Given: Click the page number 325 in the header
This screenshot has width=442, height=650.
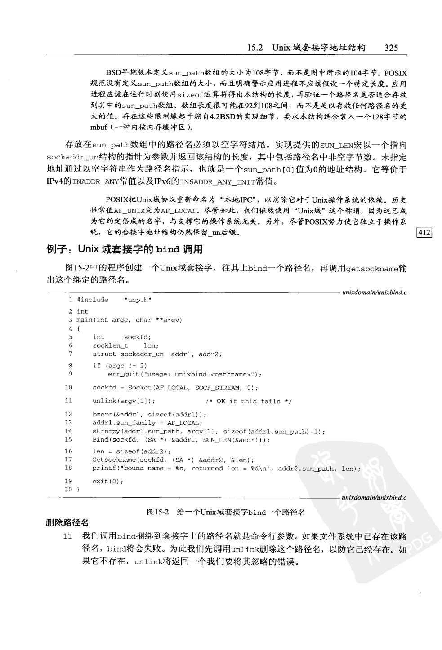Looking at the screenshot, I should tap(391, 48).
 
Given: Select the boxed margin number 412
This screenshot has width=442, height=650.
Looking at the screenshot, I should tap(424, 232).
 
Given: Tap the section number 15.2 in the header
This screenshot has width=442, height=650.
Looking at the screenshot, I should tap(254, 48).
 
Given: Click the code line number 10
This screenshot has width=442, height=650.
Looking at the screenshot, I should tap(68, 387).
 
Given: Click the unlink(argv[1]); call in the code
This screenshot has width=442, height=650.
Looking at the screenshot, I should tap(124, 401).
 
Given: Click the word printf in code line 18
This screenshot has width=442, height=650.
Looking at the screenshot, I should tap(103, 468).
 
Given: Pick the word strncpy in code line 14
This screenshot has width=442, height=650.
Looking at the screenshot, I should tap(104, 431).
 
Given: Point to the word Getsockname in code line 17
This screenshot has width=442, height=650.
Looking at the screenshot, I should tap(112, 460).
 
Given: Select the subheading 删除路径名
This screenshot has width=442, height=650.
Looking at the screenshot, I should tap(67, 522).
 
